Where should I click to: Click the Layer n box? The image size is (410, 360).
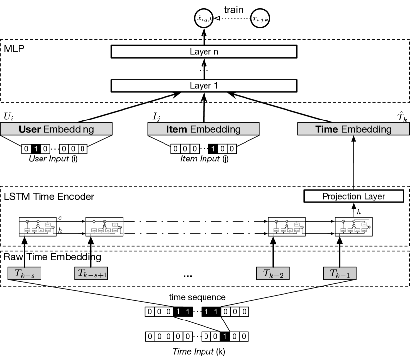click(204, 51)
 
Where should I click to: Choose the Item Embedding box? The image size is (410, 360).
click(204, 130)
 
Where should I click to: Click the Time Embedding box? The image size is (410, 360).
click(353, 130)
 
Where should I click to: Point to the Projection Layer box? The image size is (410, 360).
click(353, 196)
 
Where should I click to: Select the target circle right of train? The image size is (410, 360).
click(261, 19)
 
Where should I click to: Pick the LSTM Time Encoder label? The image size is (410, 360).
click(49, 196)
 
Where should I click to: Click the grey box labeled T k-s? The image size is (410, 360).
click(23, 273)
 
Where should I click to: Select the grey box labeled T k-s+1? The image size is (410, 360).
click(91, 273)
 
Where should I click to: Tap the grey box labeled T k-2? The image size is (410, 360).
click(273, 273)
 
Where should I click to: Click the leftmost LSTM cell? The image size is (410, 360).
click(37, 225)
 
